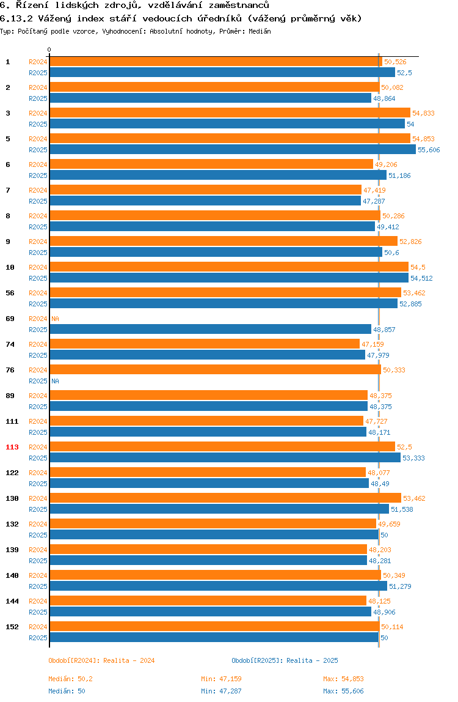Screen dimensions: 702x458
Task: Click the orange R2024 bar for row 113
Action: point(222,447)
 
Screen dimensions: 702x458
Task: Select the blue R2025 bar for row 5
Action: point(233,150)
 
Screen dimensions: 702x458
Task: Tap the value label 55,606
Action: point(429,150)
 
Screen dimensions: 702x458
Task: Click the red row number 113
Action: point(12,447)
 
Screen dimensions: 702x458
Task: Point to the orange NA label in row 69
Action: point(55,319)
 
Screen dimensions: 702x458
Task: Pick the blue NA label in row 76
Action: point(55,381)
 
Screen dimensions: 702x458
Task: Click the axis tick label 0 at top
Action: point(49,50)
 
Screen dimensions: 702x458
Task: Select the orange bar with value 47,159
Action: point(205,344)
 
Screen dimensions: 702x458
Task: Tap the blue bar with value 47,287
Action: point(205,201)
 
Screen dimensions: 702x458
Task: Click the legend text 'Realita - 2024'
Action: point(129,660)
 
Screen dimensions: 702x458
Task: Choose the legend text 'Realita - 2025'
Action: point(312,660)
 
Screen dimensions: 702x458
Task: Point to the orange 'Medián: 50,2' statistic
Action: point(70,679)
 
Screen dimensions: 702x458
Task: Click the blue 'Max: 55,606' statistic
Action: point(343,691)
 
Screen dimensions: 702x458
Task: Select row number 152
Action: point(12,627)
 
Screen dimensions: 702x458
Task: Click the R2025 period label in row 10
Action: point(38,278)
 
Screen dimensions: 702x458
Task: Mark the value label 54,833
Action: point(423,113)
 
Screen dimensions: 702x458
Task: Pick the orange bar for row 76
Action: point(215,370)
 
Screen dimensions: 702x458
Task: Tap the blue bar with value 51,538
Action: point(219,509)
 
